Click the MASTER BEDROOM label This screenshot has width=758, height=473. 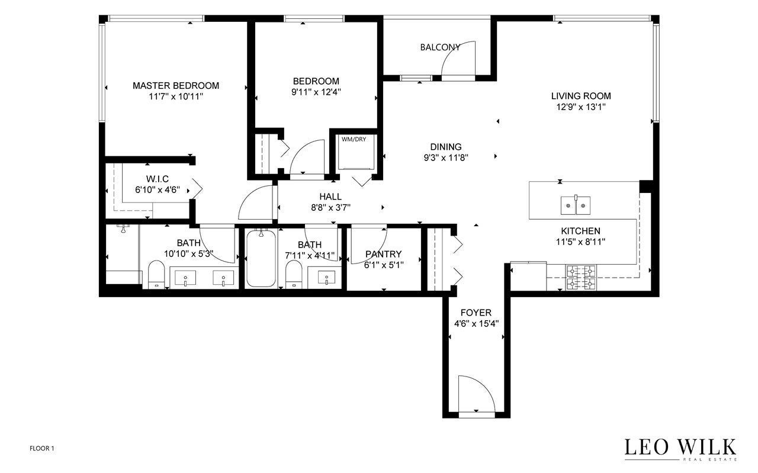176,86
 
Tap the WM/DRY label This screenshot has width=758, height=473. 354,139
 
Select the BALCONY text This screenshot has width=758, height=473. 440,47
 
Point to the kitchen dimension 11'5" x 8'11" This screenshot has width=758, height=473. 580,242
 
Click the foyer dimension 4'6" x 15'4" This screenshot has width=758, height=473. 476,324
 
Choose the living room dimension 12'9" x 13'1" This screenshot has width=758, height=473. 581,107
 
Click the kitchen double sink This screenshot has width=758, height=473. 576,205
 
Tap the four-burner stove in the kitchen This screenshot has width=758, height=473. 581,278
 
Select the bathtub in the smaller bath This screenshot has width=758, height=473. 261,259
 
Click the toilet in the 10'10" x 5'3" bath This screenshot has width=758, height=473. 156,275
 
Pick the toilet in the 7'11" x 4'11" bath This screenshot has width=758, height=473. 294,275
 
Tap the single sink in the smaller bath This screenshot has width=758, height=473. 326,278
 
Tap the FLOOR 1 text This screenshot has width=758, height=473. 42,449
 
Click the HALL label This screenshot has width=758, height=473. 330,197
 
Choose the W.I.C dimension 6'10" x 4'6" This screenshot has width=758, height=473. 158,190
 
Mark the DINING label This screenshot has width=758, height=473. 446,147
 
